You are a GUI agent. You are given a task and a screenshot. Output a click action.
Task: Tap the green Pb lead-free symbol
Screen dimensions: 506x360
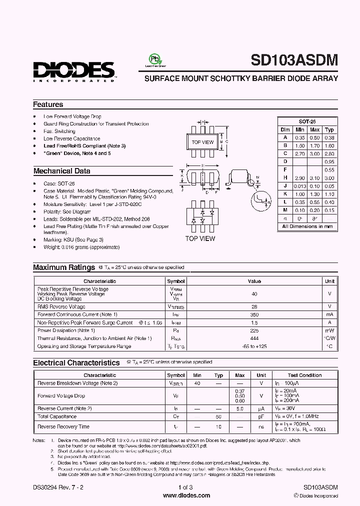[x=155, y=59]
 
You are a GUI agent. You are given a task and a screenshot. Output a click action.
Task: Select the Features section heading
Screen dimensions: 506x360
[x=48, y=104]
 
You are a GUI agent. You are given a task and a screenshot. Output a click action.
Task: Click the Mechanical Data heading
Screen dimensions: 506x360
[x=61, y=171]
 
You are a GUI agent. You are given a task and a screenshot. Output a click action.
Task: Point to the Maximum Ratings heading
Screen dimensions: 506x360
[x=64, y=267]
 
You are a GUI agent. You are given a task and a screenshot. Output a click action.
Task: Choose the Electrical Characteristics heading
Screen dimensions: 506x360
[x=76, y=362]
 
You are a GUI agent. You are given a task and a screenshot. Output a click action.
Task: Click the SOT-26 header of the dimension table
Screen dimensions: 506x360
[x=307, y=121]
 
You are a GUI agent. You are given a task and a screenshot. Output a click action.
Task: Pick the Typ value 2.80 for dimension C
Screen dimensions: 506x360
[x=329, y=153]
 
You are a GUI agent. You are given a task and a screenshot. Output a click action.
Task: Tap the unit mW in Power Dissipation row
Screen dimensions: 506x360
[x=329, y=330]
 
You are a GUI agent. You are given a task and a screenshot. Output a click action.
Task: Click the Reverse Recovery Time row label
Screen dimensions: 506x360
[x=63, y=426]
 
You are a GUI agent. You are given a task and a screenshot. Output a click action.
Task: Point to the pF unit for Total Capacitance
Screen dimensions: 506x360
[x=261, y=416]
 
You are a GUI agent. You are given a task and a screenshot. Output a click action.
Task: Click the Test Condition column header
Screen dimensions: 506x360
[x=304, y=375]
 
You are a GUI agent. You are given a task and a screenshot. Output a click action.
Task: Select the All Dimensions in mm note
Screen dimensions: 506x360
[x=307, y=226]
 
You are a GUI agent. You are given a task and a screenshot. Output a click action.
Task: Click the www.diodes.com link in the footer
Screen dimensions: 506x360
[x=180, y=495]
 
